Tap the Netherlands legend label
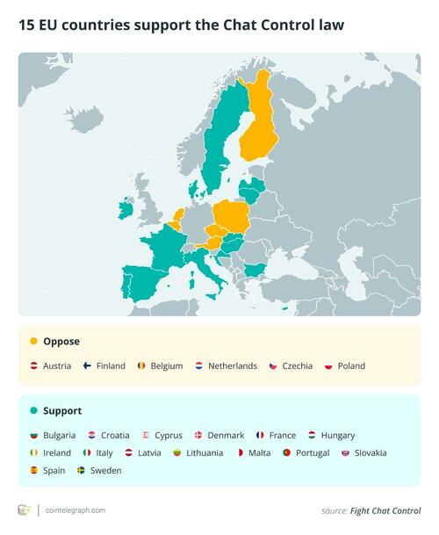pos(232,365)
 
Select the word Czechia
pos(297,365)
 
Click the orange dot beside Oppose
pos(33,341)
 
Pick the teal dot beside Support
pos(33,410)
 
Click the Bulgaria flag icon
pos(33,435)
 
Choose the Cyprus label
pos(168,435)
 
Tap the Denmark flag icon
pos(198,435)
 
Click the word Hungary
pos(338,435)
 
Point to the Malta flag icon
pos(239,452)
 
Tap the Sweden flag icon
pos(82,470)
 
